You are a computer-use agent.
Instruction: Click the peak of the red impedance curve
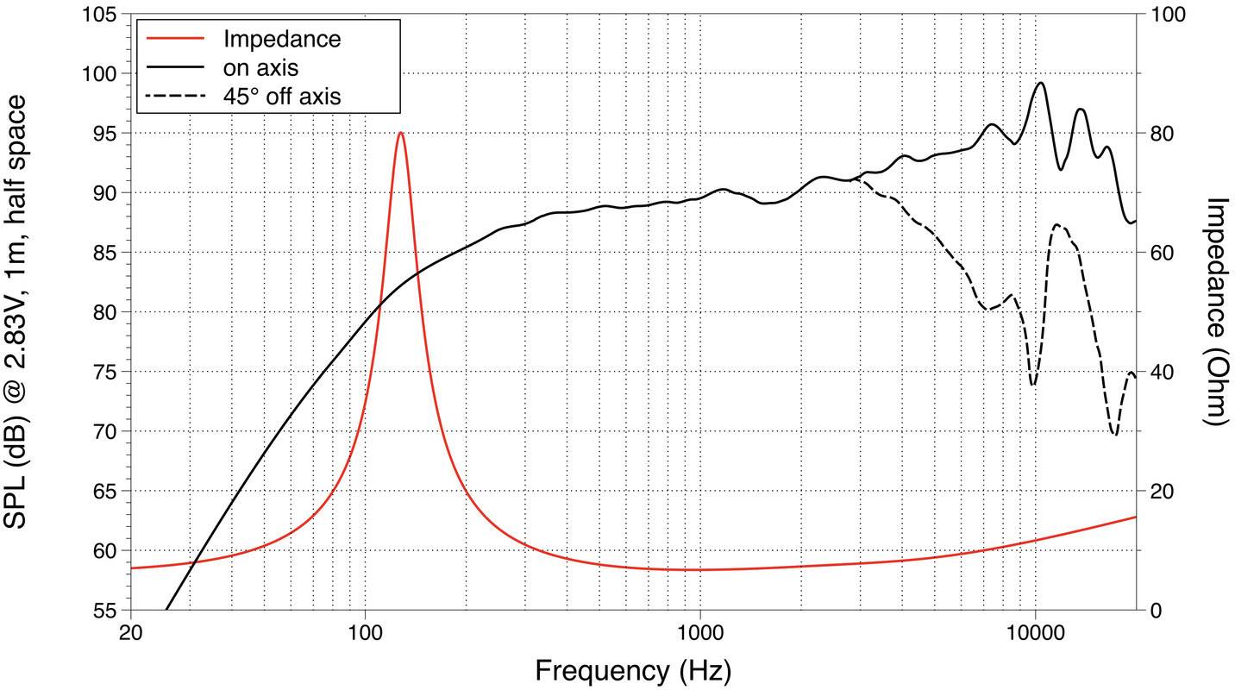400,133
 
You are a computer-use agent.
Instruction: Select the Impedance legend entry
281,39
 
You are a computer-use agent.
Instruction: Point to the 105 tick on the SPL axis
102,16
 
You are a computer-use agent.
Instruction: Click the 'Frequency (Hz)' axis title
633,670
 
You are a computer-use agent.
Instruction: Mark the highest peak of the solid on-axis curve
1041,83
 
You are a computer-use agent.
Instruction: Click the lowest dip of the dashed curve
1115,435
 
